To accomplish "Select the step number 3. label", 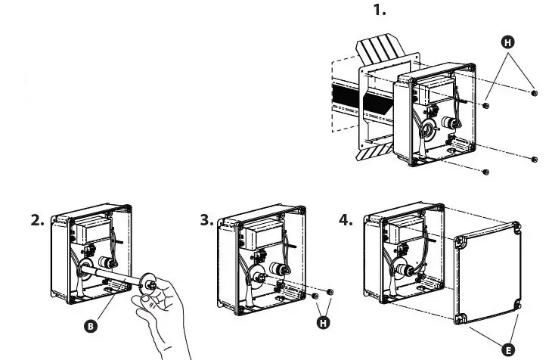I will tap(206, 220).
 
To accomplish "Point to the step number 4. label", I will tap(346, 220).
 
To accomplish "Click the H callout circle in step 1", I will tap(509, 42).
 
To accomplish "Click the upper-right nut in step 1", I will tap(534, 93).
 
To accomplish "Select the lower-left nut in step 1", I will tap(485, 172).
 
